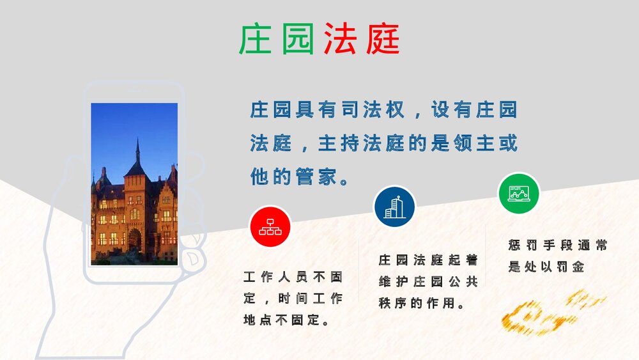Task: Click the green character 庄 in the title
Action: pyautogui.click(x=255, y=39)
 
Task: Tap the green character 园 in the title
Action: pyautogui.click(x=298, y=39)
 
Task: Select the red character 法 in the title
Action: pyautogui.click(x=341, y=39)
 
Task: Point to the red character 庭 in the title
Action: pyautogui.click(x=383, y=39)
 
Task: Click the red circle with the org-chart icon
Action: pyautogui.click(x=270, y=227)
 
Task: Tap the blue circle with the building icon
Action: pyautogui.click(x=394, y=207)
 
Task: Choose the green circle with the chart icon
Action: pyautogui.click(x=519, y=193)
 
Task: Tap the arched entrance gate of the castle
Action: pyautogui.click(x=135, y=240)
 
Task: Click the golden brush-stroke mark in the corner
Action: pyautogui.click(x=553, y=313)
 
